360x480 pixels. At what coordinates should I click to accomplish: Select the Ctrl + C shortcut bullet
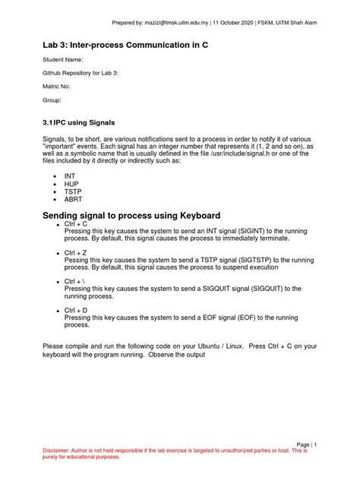76,226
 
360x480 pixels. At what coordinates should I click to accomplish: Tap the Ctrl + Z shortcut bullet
76,251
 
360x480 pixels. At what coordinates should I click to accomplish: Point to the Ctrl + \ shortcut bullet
75,281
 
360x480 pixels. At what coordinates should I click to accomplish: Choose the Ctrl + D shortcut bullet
76,311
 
